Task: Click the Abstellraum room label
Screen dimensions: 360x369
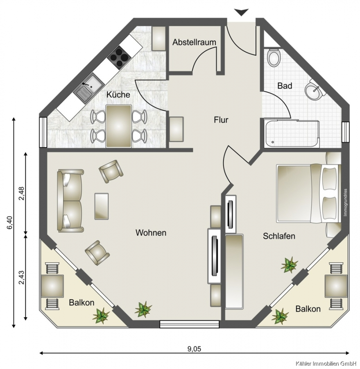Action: coord(194,42)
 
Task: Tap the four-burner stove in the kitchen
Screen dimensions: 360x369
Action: coord(119,57)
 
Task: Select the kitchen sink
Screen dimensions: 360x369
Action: coord(89,88)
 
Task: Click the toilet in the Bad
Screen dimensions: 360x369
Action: coord(274,57)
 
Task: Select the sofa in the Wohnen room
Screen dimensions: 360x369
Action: coord(70,200)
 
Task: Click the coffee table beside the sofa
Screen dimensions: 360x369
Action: coord(102,206)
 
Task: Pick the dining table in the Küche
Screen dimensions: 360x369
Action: coord(119,126)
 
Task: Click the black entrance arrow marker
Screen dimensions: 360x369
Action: coord(241,12)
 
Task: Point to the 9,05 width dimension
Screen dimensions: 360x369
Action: coord(194,348)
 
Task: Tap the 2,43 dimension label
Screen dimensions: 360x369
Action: coord(21,278)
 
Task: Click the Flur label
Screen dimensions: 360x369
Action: coord(221,120)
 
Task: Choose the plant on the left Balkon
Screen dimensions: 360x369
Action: coord(101,316)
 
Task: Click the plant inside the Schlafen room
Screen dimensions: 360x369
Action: coord(290,265)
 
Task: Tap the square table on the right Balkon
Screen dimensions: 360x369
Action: coord(336,286)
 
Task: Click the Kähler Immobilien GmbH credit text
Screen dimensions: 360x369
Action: coord(328,364)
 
